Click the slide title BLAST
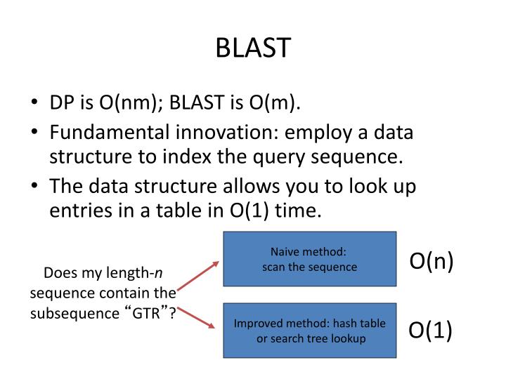click(x=253, y=48)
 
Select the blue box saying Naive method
click(x=309, y=259)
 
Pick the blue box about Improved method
click(x=309, y=331)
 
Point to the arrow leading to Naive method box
click(x=197, y=275)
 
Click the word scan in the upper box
click(x=273, y=267)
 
